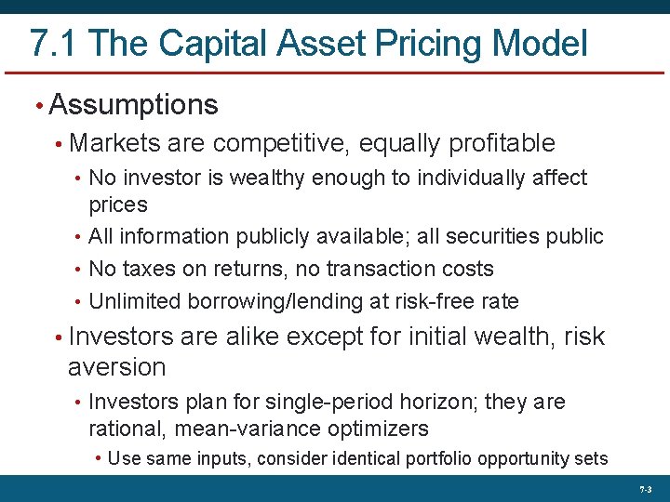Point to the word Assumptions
[x=133, y=105]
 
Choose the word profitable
[x=502, y=144]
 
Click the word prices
[x=118, y=204]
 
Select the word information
[x=177, y=237]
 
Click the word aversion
[x=116, y=368]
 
